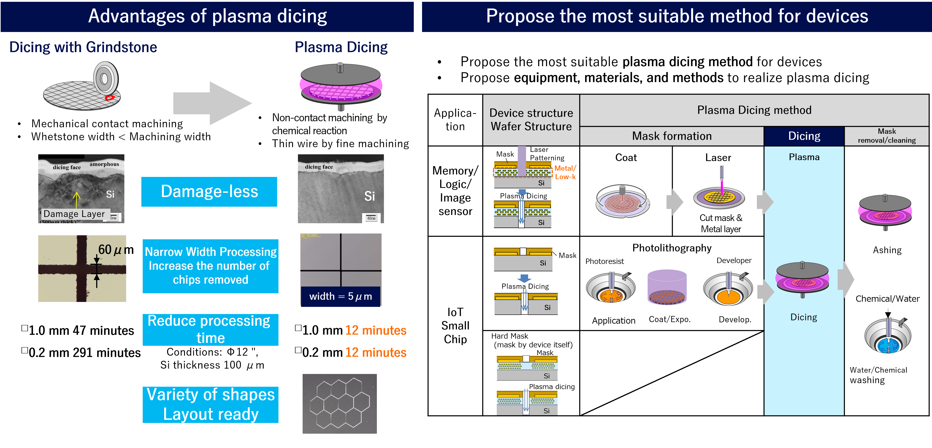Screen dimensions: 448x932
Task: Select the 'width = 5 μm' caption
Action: pos(340,296)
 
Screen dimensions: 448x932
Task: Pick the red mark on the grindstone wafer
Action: pos(109,98)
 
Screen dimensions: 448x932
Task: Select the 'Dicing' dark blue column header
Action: pos(804,136)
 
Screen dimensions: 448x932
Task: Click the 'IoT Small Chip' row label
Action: pos(455,325)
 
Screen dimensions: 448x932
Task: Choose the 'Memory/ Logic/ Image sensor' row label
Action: pos(455,191)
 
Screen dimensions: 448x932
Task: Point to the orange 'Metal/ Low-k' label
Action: pos(565,172)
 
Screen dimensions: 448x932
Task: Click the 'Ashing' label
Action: pos(887,250)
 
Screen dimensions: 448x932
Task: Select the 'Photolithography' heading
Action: pos(671,248)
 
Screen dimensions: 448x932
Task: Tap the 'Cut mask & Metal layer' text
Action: pos(720,223)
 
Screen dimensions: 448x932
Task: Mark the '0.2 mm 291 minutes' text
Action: pos(84,352)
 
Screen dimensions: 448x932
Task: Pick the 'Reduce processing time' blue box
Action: pos(210,329)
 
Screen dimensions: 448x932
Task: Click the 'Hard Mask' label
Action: pos(510,336)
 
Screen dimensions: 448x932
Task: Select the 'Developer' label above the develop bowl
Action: pos(734,261)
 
